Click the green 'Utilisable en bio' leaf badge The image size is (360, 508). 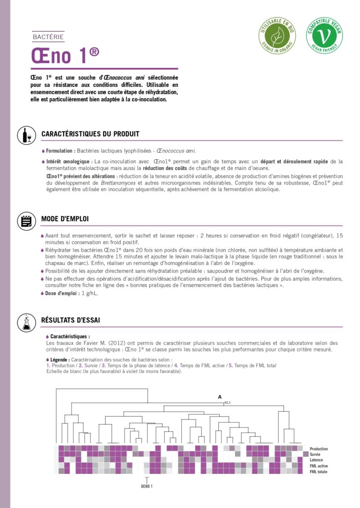277,35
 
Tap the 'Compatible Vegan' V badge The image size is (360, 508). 324,35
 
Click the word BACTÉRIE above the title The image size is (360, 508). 48,37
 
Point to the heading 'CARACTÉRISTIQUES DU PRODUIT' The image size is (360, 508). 90,134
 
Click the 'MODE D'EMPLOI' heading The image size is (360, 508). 65,219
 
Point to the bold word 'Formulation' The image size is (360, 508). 61,151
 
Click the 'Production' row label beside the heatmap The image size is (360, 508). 318,449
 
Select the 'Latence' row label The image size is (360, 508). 316,460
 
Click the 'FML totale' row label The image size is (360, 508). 318,472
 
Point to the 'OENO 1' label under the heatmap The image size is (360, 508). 146,486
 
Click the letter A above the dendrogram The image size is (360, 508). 219,397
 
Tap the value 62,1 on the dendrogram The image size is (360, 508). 228,402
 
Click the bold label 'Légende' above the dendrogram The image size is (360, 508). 60,359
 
